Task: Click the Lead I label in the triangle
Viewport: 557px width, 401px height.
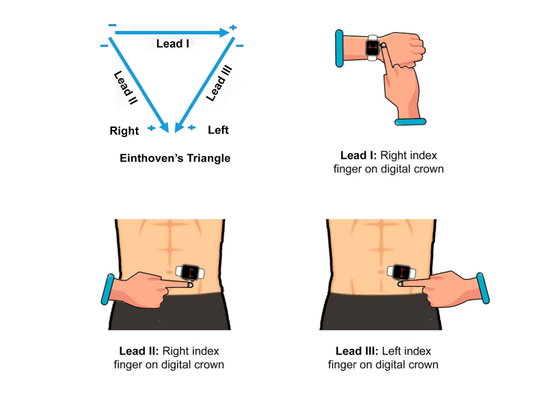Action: (x=173, y=43)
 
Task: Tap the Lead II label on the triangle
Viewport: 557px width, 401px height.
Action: (x=125, y=88)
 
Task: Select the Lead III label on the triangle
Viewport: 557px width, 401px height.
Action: (x=219, y=83)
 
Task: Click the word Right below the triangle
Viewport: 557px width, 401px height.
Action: (x=124, y=131)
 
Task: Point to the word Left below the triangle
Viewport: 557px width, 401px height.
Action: (x=218, y=130)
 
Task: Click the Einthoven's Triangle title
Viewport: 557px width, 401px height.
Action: (x=175, y=158)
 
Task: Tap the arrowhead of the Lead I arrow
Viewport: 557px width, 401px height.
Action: (x=224, y=33)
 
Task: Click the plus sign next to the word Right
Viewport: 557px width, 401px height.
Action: (x=151, y=128)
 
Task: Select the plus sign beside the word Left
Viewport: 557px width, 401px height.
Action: (x=191, y=127)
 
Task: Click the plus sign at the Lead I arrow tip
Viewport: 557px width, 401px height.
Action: (x=233, y=27)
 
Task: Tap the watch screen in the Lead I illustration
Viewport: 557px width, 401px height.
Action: (x=372, y=48)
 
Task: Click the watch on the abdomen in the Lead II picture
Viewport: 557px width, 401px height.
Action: (x=190, y=272)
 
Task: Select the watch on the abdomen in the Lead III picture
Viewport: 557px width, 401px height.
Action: (x=401, y=272)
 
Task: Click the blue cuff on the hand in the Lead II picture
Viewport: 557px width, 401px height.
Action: (x=107, y=289)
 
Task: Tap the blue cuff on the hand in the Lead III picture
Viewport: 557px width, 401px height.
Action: (x=483, y=288)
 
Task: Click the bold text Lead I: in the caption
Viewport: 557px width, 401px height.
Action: (x=358, y=155)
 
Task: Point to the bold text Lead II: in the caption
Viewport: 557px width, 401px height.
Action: (x=139, y=351)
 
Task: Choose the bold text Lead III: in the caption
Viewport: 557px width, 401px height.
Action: (x=357, y=351)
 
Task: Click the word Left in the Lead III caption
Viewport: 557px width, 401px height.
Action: (x=392, y=351)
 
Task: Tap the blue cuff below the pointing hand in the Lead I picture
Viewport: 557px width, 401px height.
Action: (x=410, y=122)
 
